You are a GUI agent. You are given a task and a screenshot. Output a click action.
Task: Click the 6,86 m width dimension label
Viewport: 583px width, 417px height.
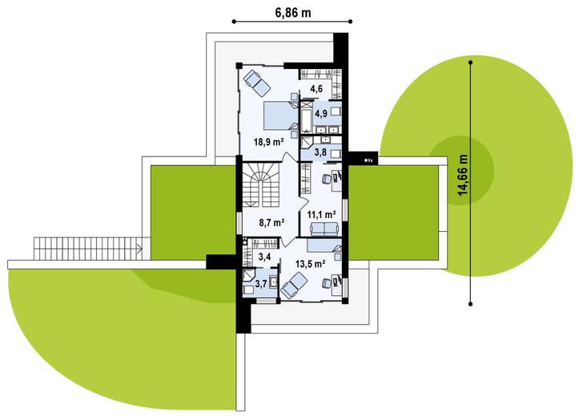(293, 12)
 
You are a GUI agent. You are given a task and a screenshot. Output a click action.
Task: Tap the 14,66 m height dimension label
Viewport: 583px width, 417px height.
(463, 175)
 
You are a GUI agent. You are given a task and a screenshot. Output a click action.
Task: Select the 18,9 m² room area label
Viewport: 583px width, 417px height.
(269, 142)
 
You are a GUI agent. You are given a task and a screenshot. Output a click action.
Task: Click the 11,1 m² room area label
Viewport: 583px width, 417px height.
(322, 214)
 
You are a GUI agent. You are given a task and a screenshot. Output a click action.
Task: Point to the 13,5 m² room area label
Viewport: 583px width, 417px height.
(311, 264)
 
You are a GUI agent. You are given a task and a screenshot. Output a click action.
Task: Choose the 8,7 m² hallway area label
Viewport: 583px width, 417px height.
(271, 223)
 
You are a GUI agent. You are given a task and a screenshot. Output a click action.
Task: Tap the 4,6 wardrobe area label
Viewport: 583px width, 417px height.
(316, 89)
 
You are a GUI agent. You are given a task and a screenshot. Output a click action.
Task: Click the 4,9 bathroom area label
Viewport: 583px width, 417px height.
(321, 114)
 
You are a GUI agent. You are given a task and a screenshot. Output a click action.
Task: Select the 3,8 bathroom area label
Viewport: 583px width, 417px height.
(320, 152)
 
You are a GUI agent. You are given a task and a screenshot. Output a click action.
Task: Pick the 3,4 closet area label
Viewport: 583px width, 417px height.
(263, 256)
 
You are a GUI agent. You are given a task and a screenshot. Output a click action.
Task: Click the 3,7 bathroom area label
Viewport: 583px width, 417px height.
(261, 285)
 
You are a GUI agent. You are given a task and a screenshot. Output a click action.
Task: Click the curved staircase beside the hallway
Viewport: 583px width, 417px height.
(261, 184)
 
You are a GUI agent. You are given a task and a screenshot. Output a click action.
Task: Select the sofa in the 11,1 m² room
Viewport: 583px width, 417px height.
(324, 229)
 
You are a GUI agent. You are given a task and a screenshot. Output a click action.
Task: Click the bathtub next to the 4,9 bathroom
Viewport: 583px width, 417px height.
(307, 116)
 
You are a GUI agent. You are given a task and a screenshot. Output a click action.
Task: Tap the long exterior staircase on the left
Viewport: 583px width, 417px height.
(89, 249)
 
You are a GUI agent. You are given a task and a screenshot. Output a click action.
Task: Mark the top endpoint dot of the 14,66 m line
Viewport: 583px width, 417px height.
(471, 63)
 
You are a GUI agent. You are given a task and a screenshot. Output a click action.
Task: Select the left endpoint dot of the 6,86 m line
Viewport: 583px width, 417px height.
(234, 22)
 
